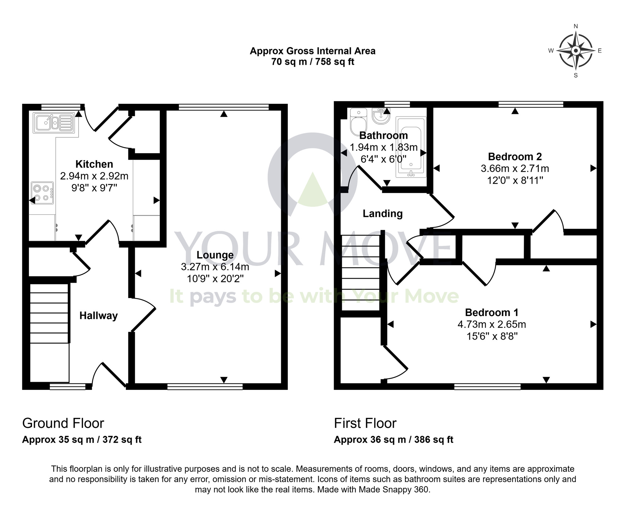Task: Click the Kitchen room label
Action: tap(94, 164)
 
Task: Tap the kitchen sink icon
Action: tap(54, 123)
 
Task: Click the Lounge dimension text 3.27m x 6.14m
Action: tap(215, 267)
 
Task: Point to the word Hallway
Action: tap(98, 316)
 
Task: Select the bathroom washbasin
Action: tap(381, 117)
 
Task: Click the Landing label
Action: tap(383, 214)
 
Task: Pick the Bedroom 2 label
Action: tap(515, 157)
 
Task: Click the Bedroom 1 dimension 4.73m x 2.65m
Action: tap(492, 324)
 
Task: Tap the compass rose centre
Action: tap(576, 51)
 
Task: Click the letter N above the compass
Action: tap(576, 26)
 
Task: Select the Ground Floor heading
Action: tap(63, 423)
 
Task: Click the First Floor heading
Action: tap(365, 423)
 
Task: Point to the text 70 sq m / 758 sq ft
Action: tap(313, 62)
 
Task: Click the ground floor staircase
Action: tap(49, 313)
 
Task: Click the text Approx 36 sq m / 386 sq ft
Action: tap(393, 440)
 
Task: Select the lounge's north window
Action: tap(224, 107)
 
